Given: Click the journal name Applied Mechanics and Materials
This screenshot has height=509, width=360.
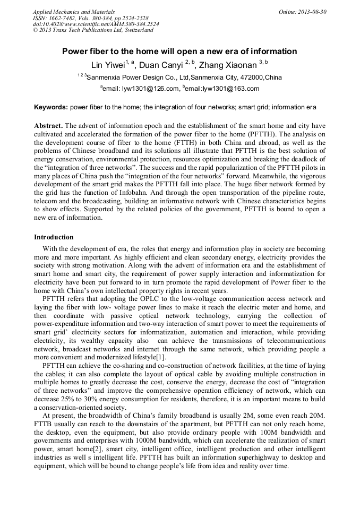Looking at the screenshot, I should (x=74, y=11).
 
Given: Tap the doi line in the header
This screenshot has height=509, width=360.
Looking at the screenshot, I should (x=96, y=24).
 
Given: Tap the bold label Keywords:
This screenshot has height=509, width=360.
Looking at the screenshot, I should (x=51, y=107).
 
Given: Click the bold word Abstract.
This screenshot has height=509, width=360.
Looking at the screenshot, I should (x=48, y=126).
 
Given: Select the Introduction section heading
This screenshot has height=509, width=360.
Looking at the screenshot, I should (x=54, y=237).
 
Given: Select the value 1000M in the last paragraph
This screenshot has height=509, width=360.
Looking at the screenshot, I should (x=165, y=440).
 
